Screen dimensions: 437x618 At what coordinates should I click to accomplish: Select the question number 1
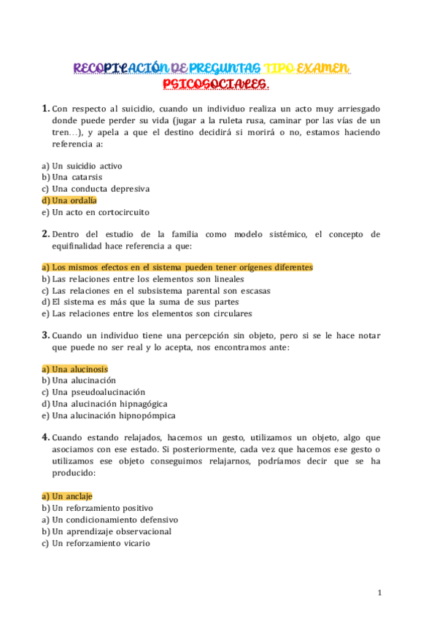click(45, 109)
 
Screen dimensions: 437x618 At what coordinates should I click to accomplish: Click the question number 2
click(45, 234)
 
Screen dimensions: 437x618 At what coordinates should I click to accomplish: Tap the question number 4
click(45, 437)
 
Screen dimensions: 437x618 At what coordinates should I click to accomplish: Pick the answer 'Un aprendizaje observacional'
click(106, 531)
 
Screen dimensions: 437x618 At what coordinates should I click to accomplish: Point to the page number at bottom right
click(380, 593)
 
